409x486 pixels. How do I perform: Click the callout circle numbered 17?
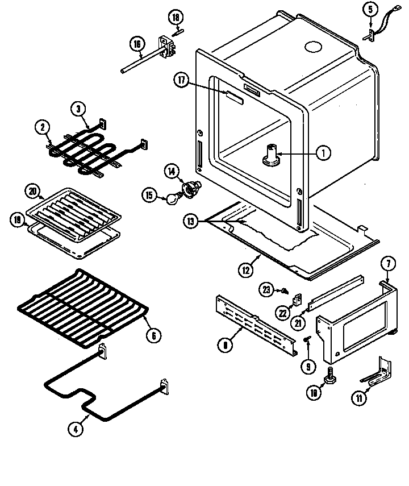(x=181, y=81)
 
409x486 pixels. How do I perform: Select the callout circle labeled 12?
(x=245, y=270)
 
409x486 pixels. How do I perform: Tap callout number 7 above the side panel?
(x=388, y=264)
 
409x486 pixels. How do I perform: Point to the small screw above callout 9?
(x=306, y=339)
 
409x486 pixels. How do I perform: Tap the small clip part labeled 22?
(x=297, y=298)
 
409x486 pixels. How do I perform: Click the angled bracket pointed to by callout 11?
(x=378, y=373)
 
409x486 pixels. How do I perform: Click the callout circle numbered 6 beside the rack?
(x=152, y=335)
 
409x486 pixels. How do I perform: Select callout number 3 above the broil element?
(x=79, y=109)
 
